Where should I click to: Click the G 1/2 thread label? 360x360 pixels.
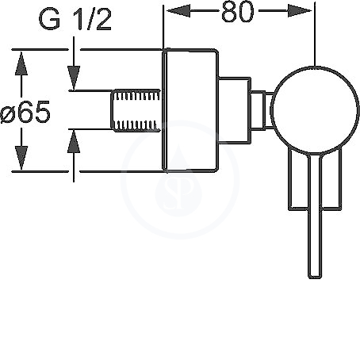pos(75,19)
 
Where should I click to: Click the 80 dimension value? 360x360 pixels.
pos(238,11)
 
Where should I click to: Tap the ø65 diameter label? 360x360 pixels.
pos(25,112)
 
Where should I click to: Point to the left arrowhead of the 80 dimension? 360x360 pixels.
pos(178,11)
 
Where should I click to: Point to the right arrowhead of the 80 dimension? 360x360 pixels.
pos(299,11)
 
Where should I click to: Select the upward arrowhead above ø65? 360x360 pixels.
pos(21,63)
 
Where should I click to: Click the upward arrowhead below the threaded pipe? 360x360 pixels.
pos(74,141)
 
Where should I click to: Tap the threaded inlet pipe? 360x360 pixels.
pos(136,110)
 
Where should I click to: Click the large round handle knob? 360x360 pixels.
pos(315,110)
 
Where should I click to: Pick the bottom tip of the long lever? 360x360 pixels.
pos(315,278)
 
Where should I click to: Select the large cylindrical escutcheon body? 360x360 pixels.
pos(190,110)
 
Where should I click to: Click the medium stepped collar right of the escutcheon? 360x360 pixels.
pos(235,110)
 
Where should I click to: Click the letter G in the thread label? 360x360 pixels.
pos(49,19)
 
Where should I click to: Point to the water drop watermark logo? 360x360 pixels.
pos(178,180)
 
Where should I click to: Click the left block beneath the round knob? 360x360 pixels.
pos(298,180)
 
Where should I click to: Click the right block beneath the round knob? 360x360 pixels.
pos(331,181)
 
